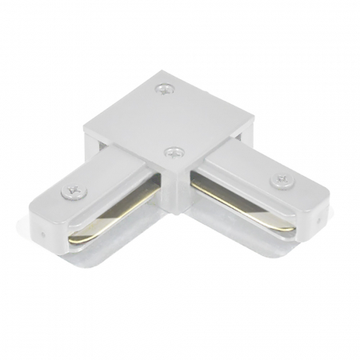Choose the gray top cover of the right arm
pyautogui.click(x=256, y=176)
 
